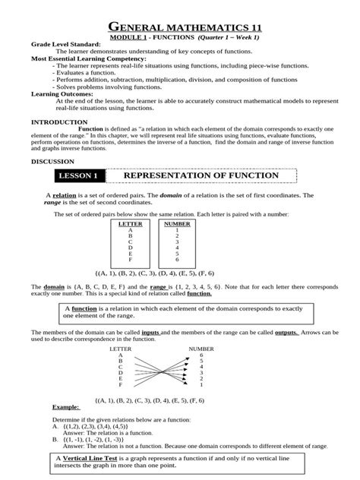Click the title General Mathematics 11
(180, 22)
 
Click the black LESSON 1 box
(79, 176)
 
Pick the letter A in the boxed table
(130, 230)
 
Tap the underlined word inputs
(150, 333)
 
